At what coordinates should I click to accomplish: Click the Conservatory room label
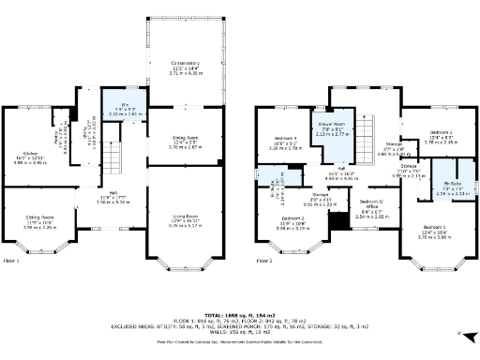pyautogui.click(x=185, y=66)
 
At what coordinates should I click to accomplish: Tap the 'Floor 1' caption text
pyautogui.click(x=13, y=261)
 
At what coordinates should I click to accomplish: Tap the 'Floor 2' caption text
pyautogui.click(x=266, y=261)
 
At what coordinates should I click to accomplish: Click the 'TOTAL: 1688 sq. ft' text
pyautogui.click(x=239, y=314)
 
